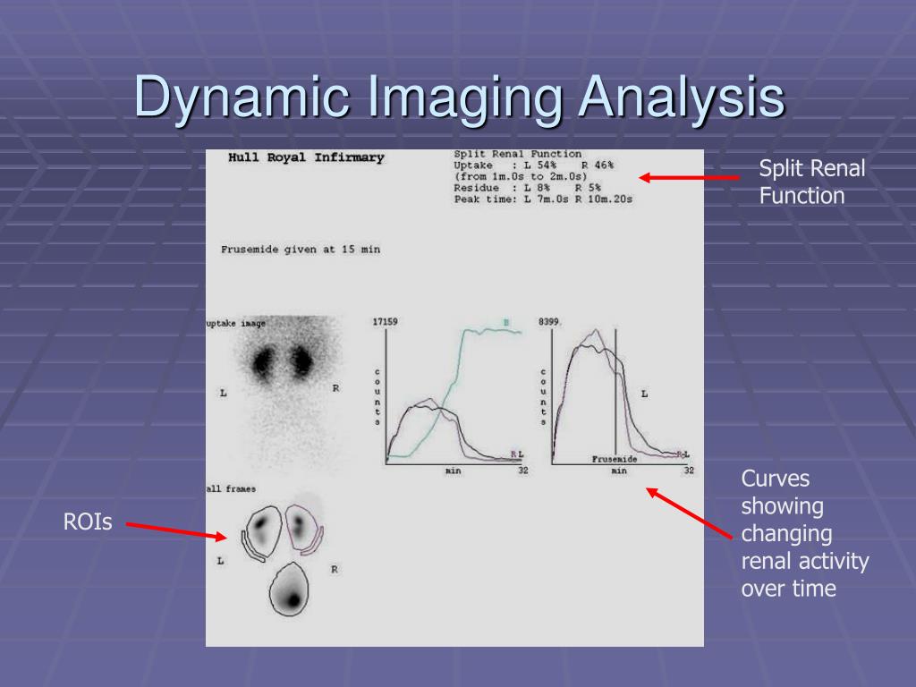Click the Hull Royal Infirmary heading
(306, 158)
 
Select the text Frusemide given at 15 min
(300, 250)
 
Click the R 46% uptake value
(597, 165)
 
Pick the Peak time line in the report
(542, 199)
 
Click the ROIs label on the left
(88, 522)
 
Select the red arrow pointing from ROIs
(175, 531)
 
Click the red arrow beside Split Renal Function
(689, 178)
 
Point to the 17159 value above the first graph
(386, 321)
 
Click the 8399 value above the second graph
(548, 321)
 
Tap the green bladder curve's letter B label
(505, 322)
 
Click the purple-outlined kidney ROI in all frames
(302, 530)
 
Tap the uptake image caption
(236, 324)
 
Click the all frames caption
(231, 489)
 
